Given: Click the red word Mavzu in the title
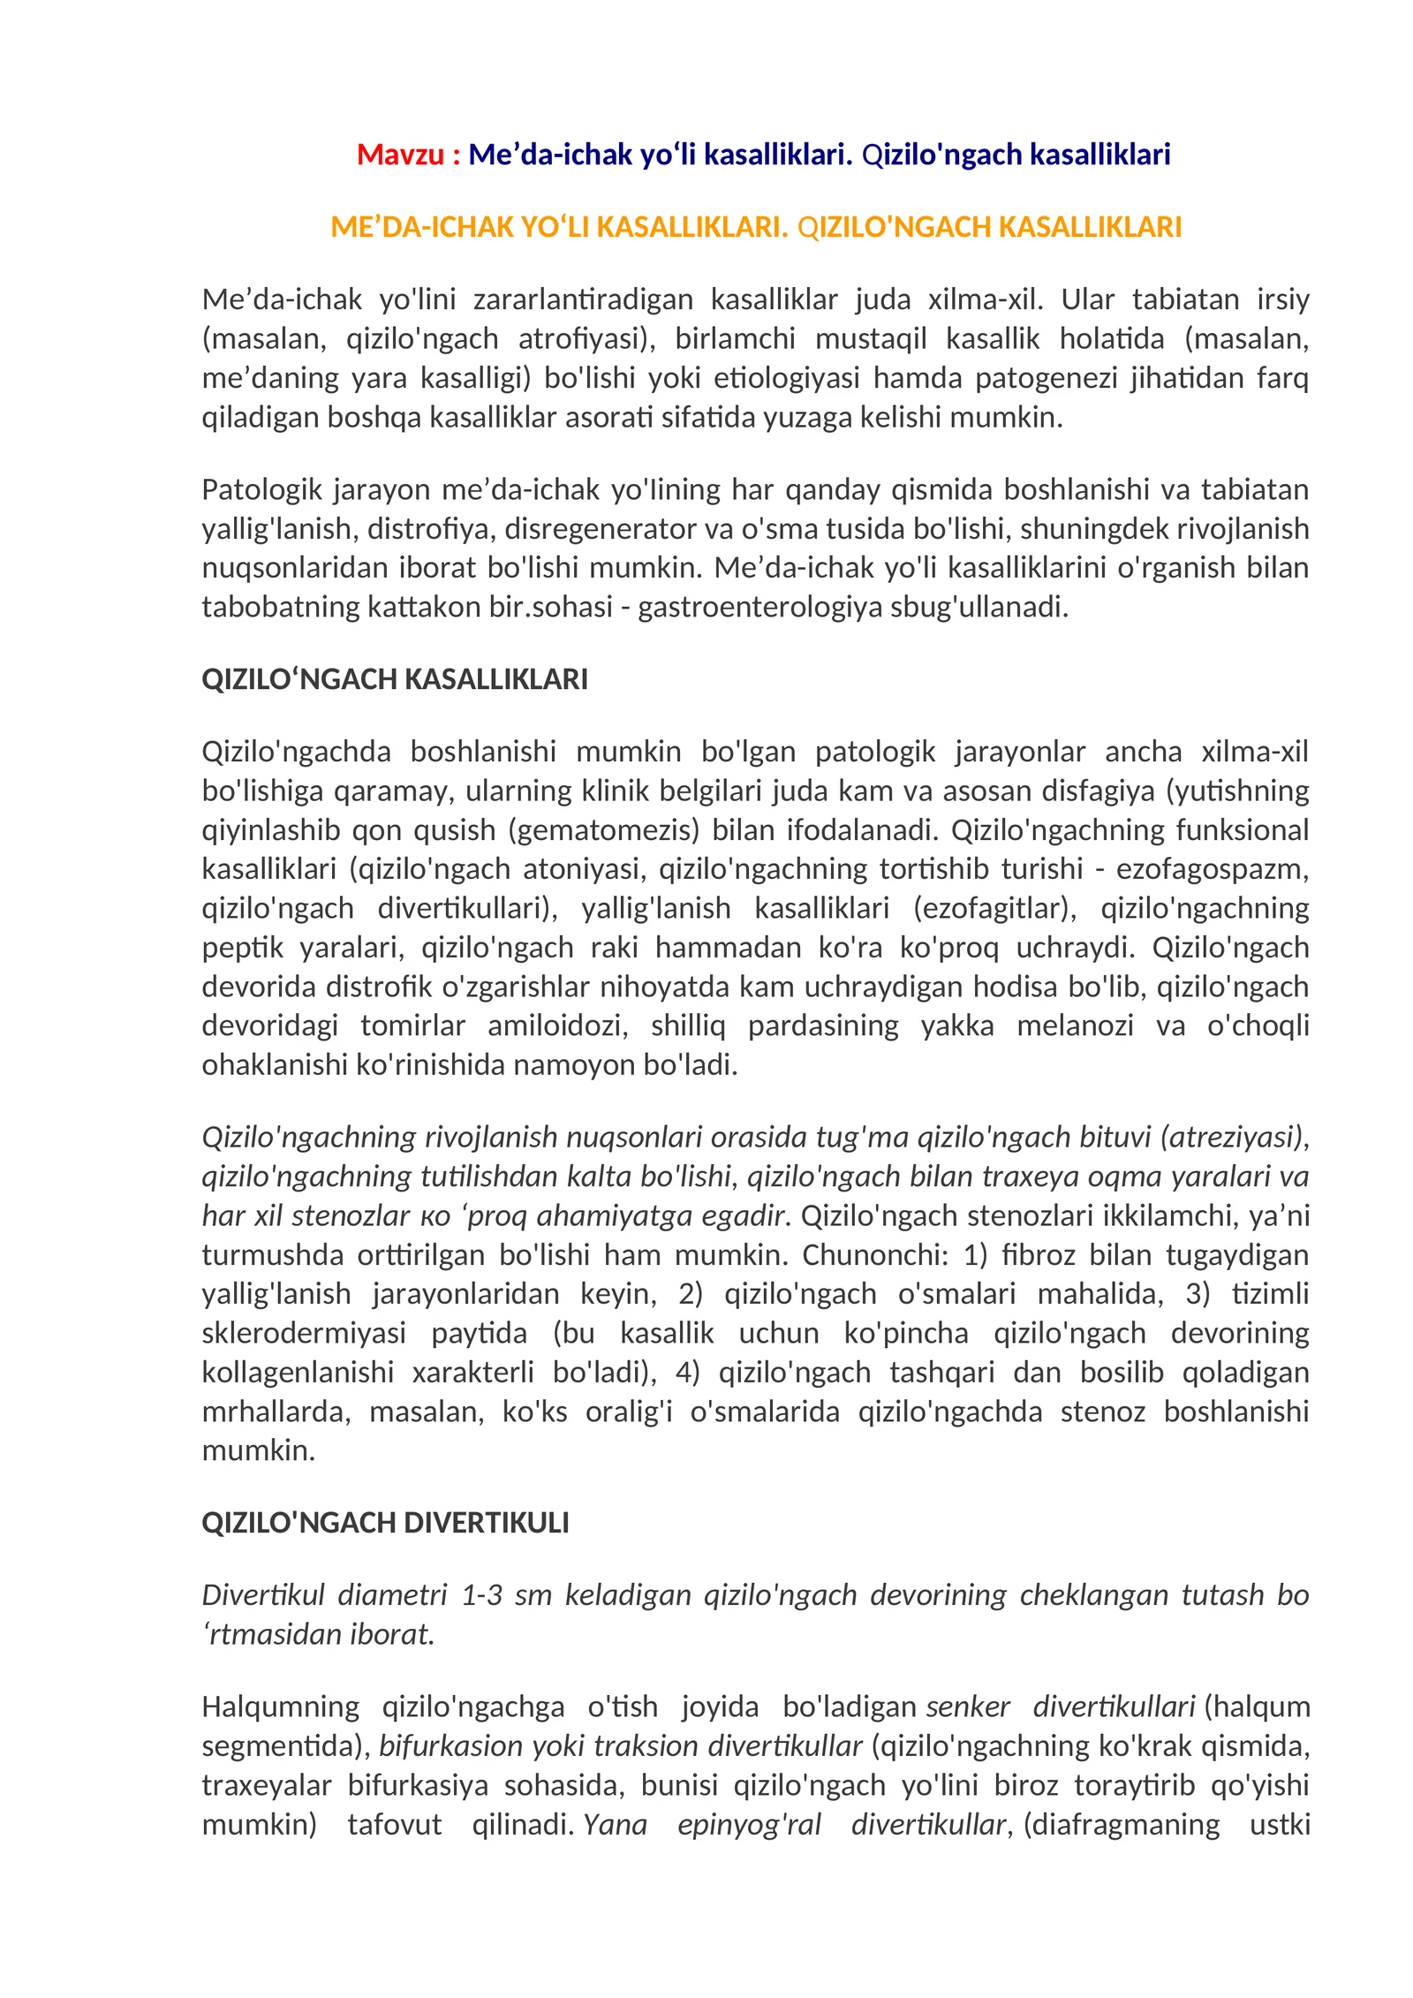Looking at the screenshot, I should coord(399,155).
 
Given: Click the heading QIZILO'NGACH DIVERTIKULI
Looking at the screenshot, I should coord(385,1523).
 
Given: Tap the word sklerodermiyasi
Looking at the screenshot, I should coord(304,1333).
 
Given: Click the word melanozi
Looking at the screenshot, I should coord(1075,1025).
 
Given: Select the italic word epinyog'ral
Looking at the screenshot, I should coord(749,1824).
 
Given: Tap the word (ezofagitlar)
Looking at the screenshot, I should coord(994,908).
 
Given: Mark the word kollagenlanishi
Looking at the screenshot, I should coord(298,1372).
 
